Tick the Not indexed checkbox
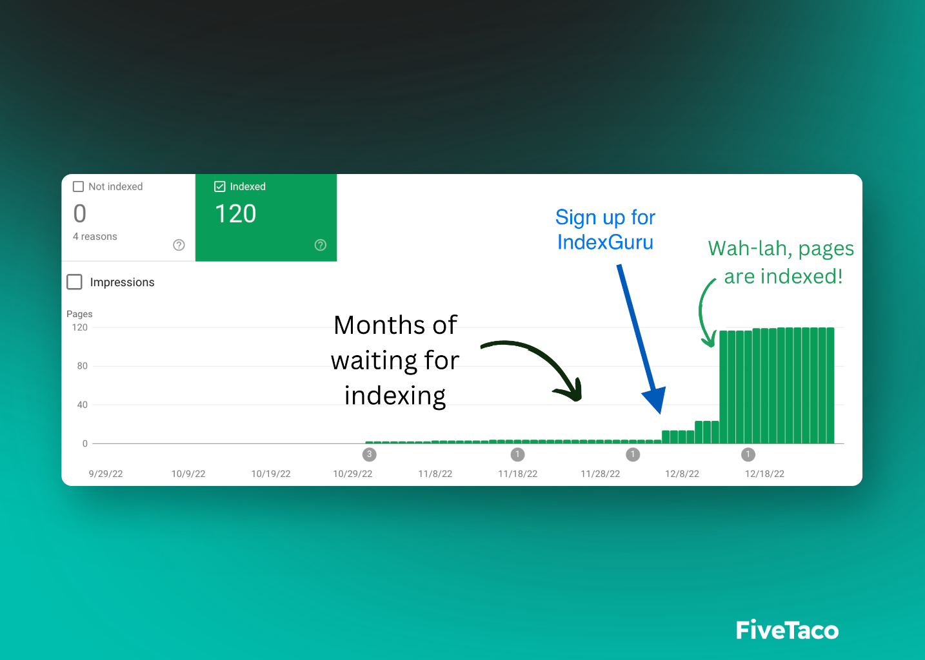tap(78, 186)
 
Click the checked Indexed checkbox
tap(220, 186)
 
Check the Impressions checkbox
tap(74, 282)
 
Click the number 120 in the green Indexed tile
tap(235, 214)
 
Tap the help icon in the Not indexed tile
tap(179, 245)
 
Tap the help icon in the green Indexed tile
tap(321, 245)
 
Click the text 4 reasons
tap(95, 237)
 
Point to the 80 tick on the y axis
tap(82, 366)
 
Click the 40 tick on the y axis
tap(82, 405)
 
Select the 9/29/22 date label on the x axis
tap(106, 474)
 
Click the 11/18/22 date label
tap(518, 474)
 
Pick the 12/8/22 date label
tap(682, 474)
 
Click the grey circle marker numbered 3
tap(369, 454)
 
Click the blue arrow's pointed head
tap(661, 413)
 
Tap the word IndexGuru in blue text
tap(606, 242)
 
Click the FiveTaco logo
tap(787, 630)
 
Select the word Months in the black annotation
tap(380, 325)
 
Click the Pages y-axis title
tap(79, 314)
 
